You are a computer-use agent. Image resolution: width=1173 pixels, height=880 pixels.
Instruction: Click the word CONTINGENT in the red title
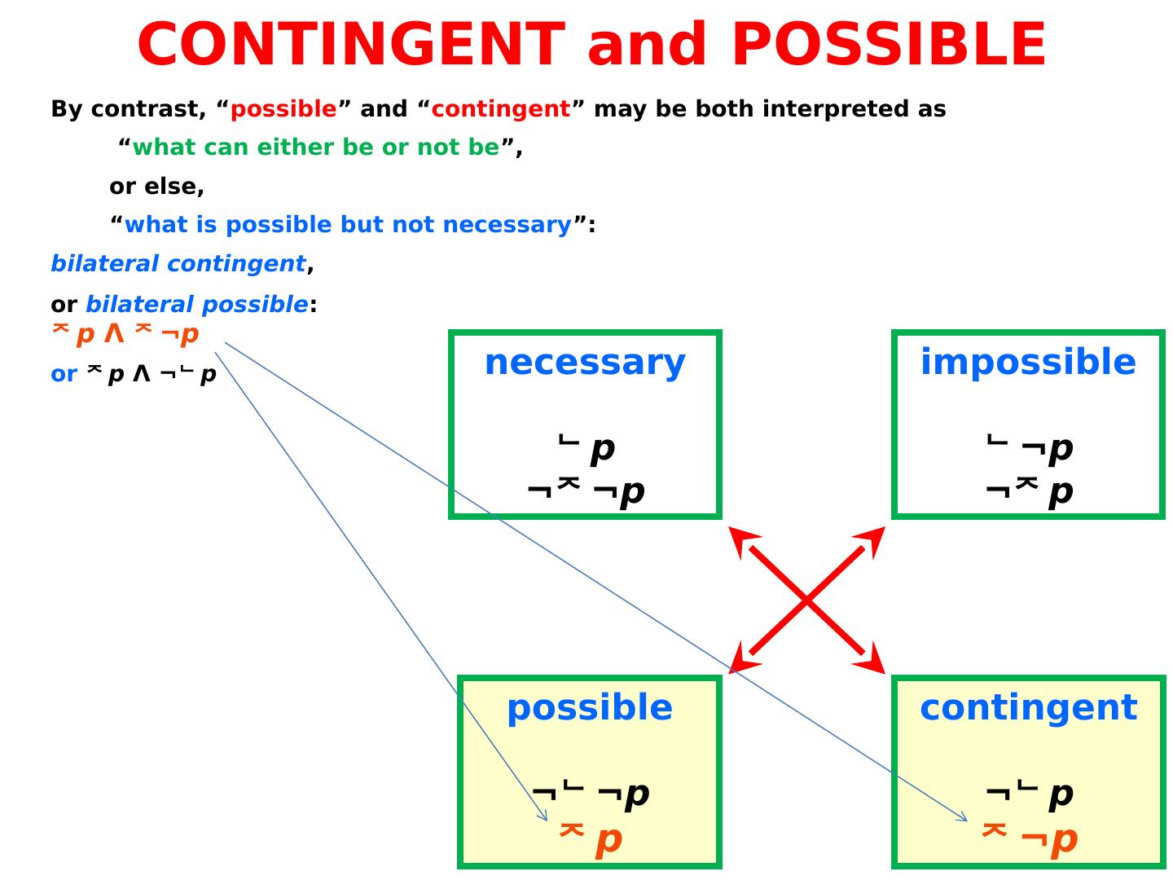(x=351, y=45)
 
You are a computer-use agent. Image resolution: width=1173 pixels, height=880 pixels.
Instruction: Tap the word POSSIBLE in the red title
(x=889, y=45)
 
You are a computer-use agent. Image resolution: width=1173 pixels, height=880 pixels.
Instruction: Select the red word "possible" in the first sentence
(x=283, y=109)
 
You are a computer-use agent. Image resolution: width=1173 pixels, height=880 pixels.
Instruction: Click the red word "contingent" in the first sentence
(x=500, y=109)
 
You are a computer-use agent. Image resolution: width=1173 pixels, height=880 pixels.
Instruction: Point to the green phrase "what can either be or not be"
(x=315, y=147)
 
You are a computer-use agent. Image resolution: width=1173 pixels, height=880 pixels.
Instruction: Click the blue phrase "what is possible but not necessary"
(x=348, y=225)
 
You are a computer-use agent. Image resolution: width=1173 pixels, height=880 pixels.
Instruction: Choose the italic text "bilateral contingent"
(x=178, y=264)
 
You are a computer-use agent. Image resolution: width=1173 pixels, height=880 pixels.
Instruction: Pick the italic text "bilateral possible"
(x=196, y=305)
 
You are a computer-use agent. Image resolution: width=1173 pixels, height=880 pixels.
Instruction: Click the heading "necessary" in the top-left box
(x=585, y=363)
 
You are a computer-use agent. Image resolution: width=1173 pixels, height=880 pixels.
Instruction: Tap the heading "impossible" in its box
(x=1028, y=363)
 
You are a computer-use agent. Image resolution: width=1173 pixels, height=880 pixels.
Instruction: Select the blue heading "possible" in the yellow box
(x=590, y=708)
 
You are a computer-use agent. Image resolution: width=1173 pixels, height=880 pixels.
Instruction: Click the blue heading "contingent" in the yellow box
(x=1028, y=708)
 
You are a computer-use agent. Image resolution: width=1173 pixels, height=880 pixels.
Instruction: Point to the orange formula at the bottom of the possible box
(x=591, y=838)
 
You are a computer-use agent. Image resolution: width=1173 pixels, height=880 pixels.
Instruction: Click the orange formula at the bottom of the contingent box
(x=1030, y=838)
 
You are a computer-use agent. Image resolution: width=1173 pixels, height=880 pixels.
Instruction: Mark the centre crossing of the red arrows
(x=806, y=601)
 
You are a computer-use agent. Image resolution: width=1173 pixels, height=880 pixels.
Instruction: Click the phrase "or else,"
(x=156, y=187)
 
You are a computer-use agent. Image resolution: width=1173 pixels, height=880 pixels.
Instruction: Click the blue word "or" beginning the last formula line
(x=64, y=374)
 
